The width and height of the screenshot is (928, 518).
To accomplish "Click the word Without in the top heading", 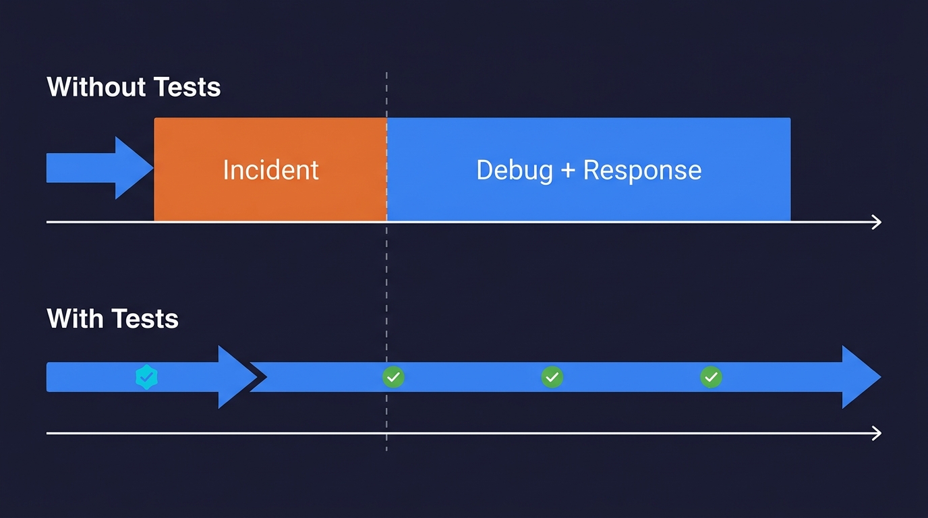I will point(96,87).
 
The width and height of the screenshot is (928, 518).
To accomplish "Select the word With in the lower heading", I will point(75,318).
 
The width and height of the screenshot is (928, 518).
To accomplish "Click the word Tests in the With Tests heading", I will point(145,318).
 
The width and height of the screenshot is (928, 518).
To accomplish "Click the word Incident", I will point(270,170).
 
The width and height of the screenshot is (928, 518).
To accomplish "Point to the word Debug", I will point(515,170).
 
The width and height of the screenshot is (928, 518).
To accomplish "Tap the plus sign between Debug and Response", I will point(567,171).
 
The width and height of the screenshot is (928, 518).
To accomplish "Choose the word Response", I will point(642,170).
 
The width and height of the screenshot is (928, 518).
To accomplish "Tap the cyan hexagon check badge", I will point(146,377).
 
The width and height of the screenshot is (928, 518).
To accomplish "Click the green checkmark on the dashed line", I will point(393,377).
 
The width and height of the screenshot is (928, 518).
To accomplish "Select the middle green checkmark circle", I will point(552,377).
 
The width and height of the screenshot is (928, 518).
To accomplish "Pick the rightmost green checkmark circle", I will point(711,377).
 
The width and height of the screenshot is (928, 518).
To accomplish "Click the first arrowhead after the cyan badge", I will point(236,377).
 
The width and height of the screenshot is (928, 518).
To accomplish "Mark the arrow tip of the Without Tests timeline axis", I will point(877,222).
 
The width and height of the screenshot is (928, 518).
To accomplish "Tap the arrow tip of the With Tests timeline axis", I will point(877,433).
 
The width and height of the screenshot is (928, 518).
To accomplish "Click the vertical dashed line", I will point(386,283).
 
